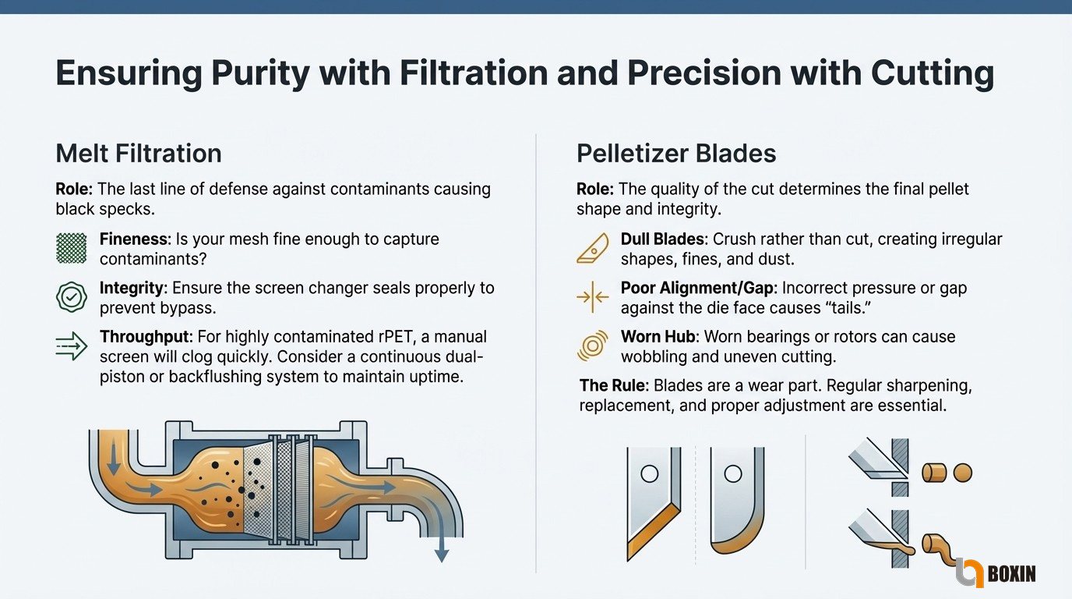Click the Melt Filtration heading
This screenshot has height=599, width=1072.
(x=139, y=154)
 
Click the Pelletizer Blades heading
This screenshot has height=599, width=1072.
(x=676, y=154)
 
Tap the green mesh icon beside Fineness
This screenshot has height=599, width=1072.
(x=72, y=248)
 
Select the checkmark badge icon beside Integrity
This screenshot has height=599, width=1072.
(x=72, y=297)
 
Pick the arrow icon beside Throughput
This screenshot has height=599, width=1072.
(x=72, y=346)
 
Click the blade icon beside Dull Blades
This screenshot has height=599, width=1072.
(x=593, y=248)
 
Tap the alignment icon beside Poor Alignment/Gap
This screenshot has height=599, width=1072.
(x=593, y=297)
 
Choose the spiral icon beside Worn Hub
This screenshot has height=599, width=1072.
(x=593, y=346)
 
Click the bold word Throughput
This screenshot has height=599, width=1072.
(x=146, y=338)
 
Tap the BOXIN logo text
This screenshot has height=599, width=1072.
(x=1011, y=573)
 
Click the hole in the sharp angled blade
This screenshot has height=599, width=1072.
(x=650, y=474)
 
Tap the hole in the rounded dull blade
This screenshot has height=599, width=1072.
(x=732, y=474)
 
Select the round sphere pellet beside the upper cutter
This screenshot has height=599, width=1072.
(x=963, y=473)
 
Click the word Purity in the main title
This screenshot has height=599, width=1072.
(x=260, y=73)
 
